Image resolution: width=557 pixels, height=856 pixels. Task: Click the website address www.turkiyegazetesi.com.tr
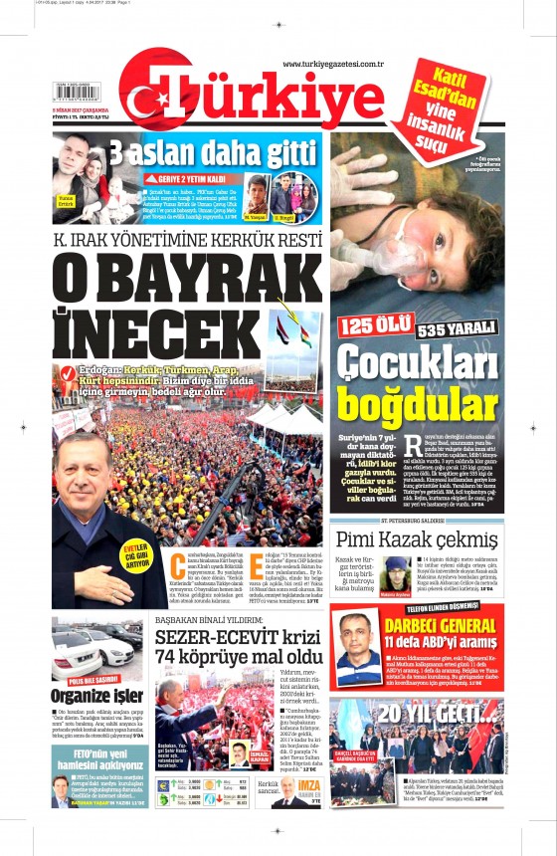[333, 65]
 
